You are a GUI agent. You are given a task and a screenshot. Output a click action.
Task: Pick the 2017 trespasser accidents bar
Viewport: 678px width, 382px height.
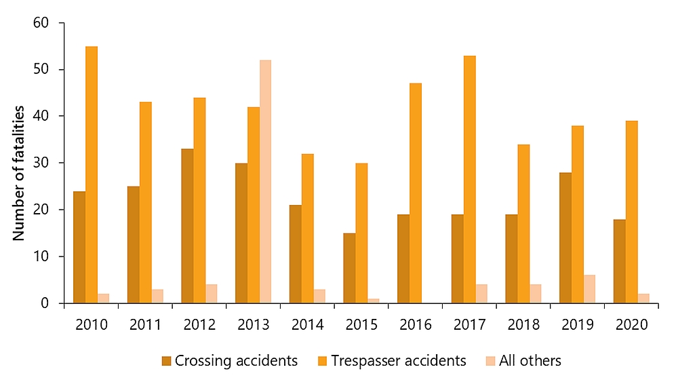(469, 179)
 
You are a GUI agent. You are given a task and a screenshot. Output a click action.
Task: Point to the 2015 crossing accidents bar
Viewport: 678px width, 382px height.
(349, 268)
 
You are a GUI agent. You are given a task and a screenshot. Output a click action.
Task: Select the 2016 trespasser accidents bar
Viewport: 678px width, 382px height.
(416, 193)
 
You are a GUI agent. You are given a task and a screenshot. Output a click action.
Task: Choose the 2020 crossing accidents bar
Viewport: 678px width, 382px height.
(619, 261)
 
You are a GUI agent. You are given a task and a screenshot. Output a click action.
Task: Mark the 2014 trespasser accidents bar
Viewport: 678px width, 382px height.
(307, 228)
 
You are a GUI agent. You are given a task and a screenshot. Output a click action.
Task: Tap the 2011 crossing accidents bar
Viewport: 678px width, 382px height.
(133, 244)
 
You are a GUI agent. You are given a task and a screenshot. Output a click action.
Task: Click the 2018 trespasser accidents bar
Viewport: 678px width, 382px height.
(523, 223)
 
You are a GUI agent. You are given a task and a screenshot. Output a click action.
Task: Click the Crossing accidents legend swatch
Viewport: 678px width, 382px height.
(166, 361)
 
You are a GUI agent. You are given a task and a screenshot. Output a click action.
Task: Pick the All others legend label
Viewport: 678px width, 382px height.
(530, 361)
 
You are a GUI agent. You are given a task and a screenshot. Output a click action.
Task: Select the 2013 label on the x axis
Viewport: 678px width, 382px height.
(253, 324)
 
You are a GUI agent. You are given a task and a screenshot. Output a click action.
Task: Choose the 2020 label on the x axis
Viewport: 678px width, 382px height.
(631, 324)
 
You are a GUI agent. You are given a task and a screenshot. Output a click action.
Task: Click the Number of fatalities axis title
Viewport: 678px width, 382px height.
(19, 173)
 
